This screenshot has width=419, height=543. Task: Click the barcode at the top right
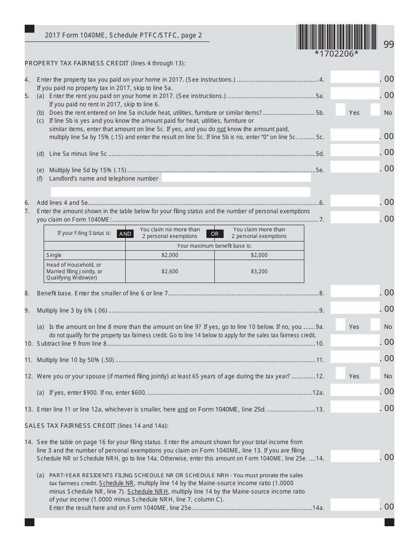337,37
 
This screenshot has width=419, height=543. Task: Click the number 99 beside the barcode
389,45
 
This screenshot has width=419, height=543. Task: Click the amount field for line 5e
355,167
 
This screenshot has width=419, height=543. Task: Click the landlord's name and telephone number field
236,178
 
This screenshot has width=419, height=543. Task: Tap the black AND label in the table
125,234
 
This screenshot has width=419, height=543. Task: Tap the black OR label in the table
215,234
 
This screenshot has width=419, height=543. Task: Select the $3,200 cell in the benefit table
259,271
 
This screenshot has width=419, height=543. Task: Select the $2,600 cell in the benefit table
170,271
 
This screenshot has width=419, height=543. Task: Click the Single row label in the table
54,255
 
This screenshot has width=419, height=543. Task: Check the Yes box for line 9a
340,324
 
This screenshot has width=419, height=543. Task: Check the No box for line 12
375,373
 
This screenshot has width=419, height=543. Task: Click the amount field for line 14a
355,505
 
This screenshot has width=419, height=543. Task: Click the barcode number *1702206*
337,54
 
